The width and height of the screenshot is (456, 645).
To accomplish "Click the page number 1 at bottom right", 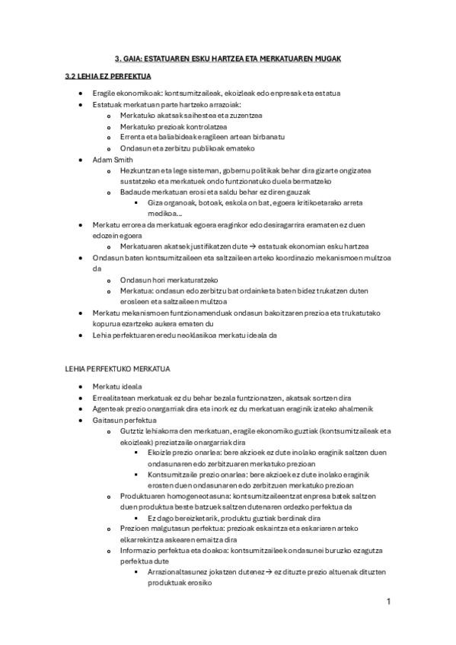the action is coord(388,602).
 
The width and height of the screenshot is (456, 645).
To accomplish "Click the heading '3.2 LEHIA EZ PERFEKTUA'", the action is coord(108,77).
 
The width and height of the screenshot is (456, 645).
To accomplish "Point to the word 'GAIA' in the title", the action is coord(138,58).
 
